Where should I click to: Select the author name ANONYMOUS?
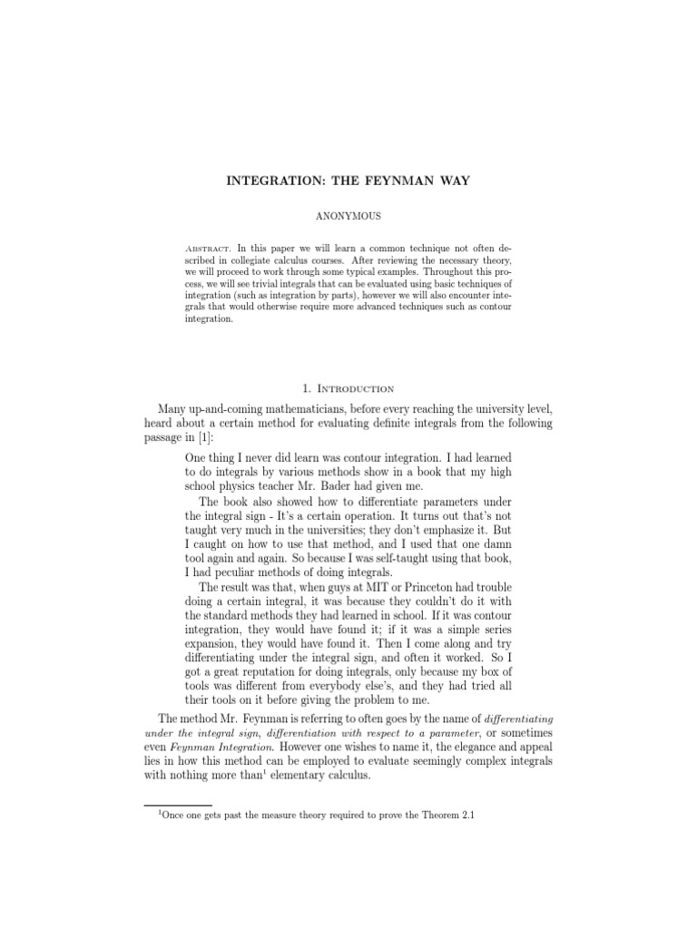(348, 217)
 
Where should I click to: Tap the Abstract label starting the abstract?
(208, 248)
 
